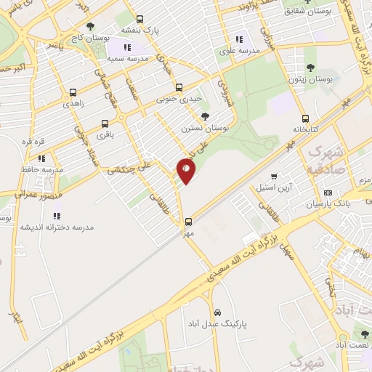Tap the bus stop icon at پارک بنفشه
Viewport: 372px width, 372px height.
tap(140, 20)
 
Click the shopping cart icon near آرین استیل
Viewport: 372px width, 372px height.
tap(274, 176)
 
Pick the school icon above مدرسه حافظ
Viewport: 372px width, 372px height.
tap(41, 158)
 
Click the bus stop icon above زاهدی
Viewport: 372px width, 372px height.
tap(73, 93)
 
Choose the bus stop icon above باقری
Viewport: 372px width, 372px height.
tap(105, 124)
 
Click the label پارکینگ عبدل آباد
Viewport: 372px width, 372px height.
tap(217, 323)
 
